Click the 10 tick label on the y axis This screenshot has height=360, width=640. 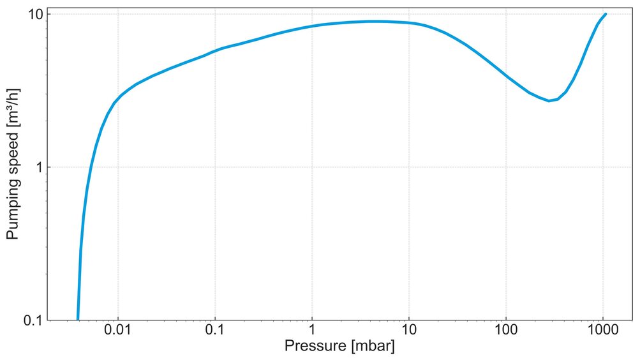pos(34,14)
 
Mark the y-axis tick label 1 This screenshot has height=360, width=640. pos(38,167)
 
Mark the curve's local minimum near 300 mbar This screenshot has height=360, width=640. pos(549,101)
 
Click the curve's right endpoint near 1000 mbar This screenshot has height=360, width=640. pos(605,13)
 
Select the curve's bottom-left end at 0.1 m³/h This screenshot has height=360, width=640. pos(78,319)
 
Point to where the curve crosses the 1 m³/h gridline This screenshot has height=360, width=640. pos(91,167)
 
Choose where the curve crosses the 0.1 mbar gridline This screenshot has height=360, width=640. pos(215,50)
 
